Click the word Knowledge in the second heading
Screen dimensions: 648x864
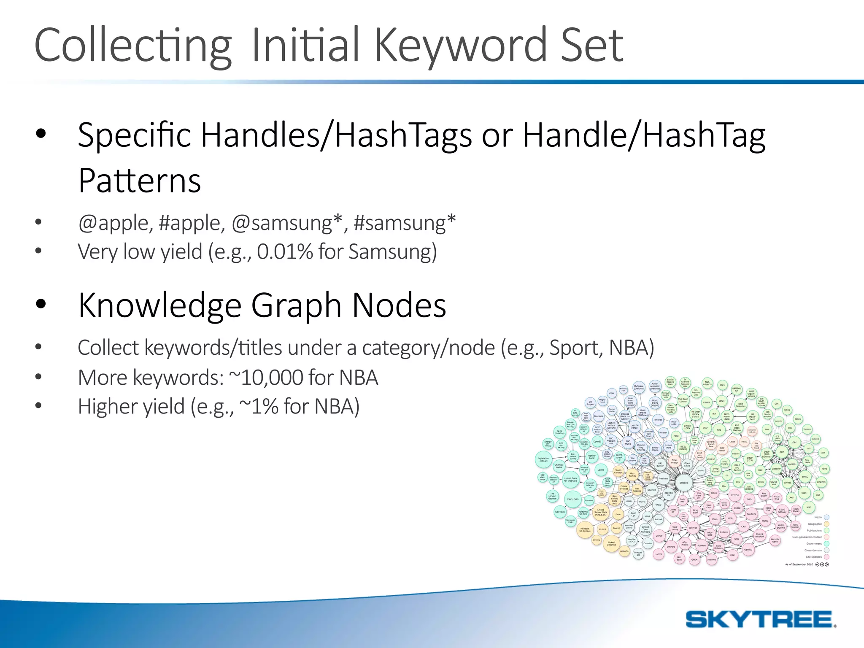click(x=159, y=305)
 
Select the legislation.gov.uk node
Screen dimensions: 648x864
click(x=543, y=459)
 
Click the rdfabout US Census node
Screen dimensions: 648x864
click(x=585, y=530)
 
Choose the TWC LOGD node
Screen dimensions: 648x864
click(x=572, y=499)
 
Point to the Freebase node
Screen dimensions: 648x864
click(x=663, y=478)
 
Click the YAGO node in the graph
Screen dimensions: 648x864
click(x=659, y=505)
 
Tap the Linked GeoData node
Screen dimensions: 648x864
click(x=611, y=544)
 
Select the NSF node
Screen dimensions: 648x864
click(x=809, y=507)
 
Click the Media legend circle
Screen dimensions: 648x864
click(x=826, y=517)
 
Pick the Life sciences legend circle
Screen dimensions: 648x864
click(x=826, y=557)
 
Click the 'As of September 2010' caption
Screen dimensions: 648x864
click(x=799, y=564)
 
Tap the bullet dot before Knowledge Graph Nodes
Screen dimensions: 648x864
click(x=40, y=304)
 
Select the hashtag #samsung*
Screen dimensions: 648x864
click(x=405, y=223)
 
